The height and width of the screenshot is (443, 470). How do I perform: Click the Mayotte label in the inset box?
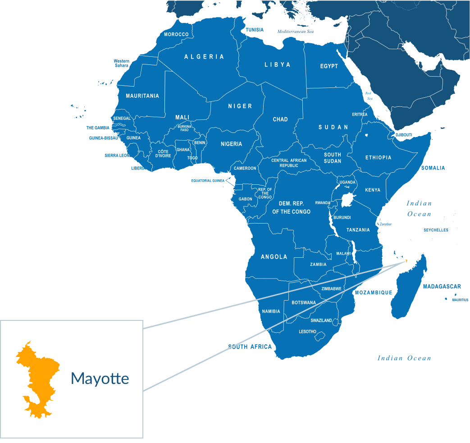pyautogui.click(x=100, y=379)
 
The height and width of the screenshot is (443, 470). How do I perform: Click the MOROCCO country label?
pyautogui.click(x=176, y=35)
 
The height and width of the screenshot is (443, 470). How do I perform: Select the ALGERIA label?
pyautogui.click(x=204, y=57)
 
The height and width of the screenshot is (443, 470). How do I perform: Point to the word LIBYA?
pyautogui.click(x=277, y=65)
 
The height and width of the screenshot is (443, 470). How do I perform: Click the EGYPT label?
pyautogui.click(x=329, y=66)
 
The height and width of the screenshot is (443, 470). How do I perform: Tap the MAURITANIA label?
pyautogui.click(x=142, y=96)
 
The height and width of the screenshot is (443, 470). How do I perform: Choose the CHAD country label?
pyautogui.click(x=280, y=119)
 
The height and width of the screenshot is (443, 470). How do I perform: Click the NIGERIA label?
pyautogui.click(x=231, y=144)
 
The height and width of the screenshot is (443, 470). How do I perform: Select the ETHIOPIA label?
pyautogui.click(x=378, y=158)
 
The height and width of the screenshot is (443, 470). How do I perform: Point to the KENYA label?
pyautogui.click(x=373, y=190)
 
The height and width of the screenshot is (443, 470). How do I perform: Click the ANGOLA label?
pyautogui.click(x=274, y=257)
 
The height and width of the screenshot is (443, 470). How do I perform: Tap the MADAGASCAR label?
pyautogui.click(x=442, y=287)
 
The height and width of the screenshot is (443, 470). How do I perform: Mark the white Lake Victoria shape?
pyautogui.click(x=347, y=200)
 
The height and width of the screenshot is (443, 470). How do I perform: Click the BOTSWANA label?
pyautogui.click(x=304, y=303)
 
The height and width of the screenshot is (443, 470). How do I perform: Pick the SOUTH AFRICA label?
pyautogui.click(x=250, y=347)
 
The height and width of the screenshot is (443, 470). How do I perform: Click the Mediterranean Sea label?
pyautogui.click(x=296, y=32)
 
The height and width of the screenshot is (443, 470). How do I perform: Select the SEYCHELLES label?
pyautogui.click(x=436, y=230)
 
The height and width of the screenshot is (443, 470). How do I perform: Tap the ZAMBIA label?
pyautogui.click(x=318, y=265)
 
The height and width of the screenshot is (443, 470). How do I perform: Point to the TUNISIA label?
pyautogui.click(x=255, y=30)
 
